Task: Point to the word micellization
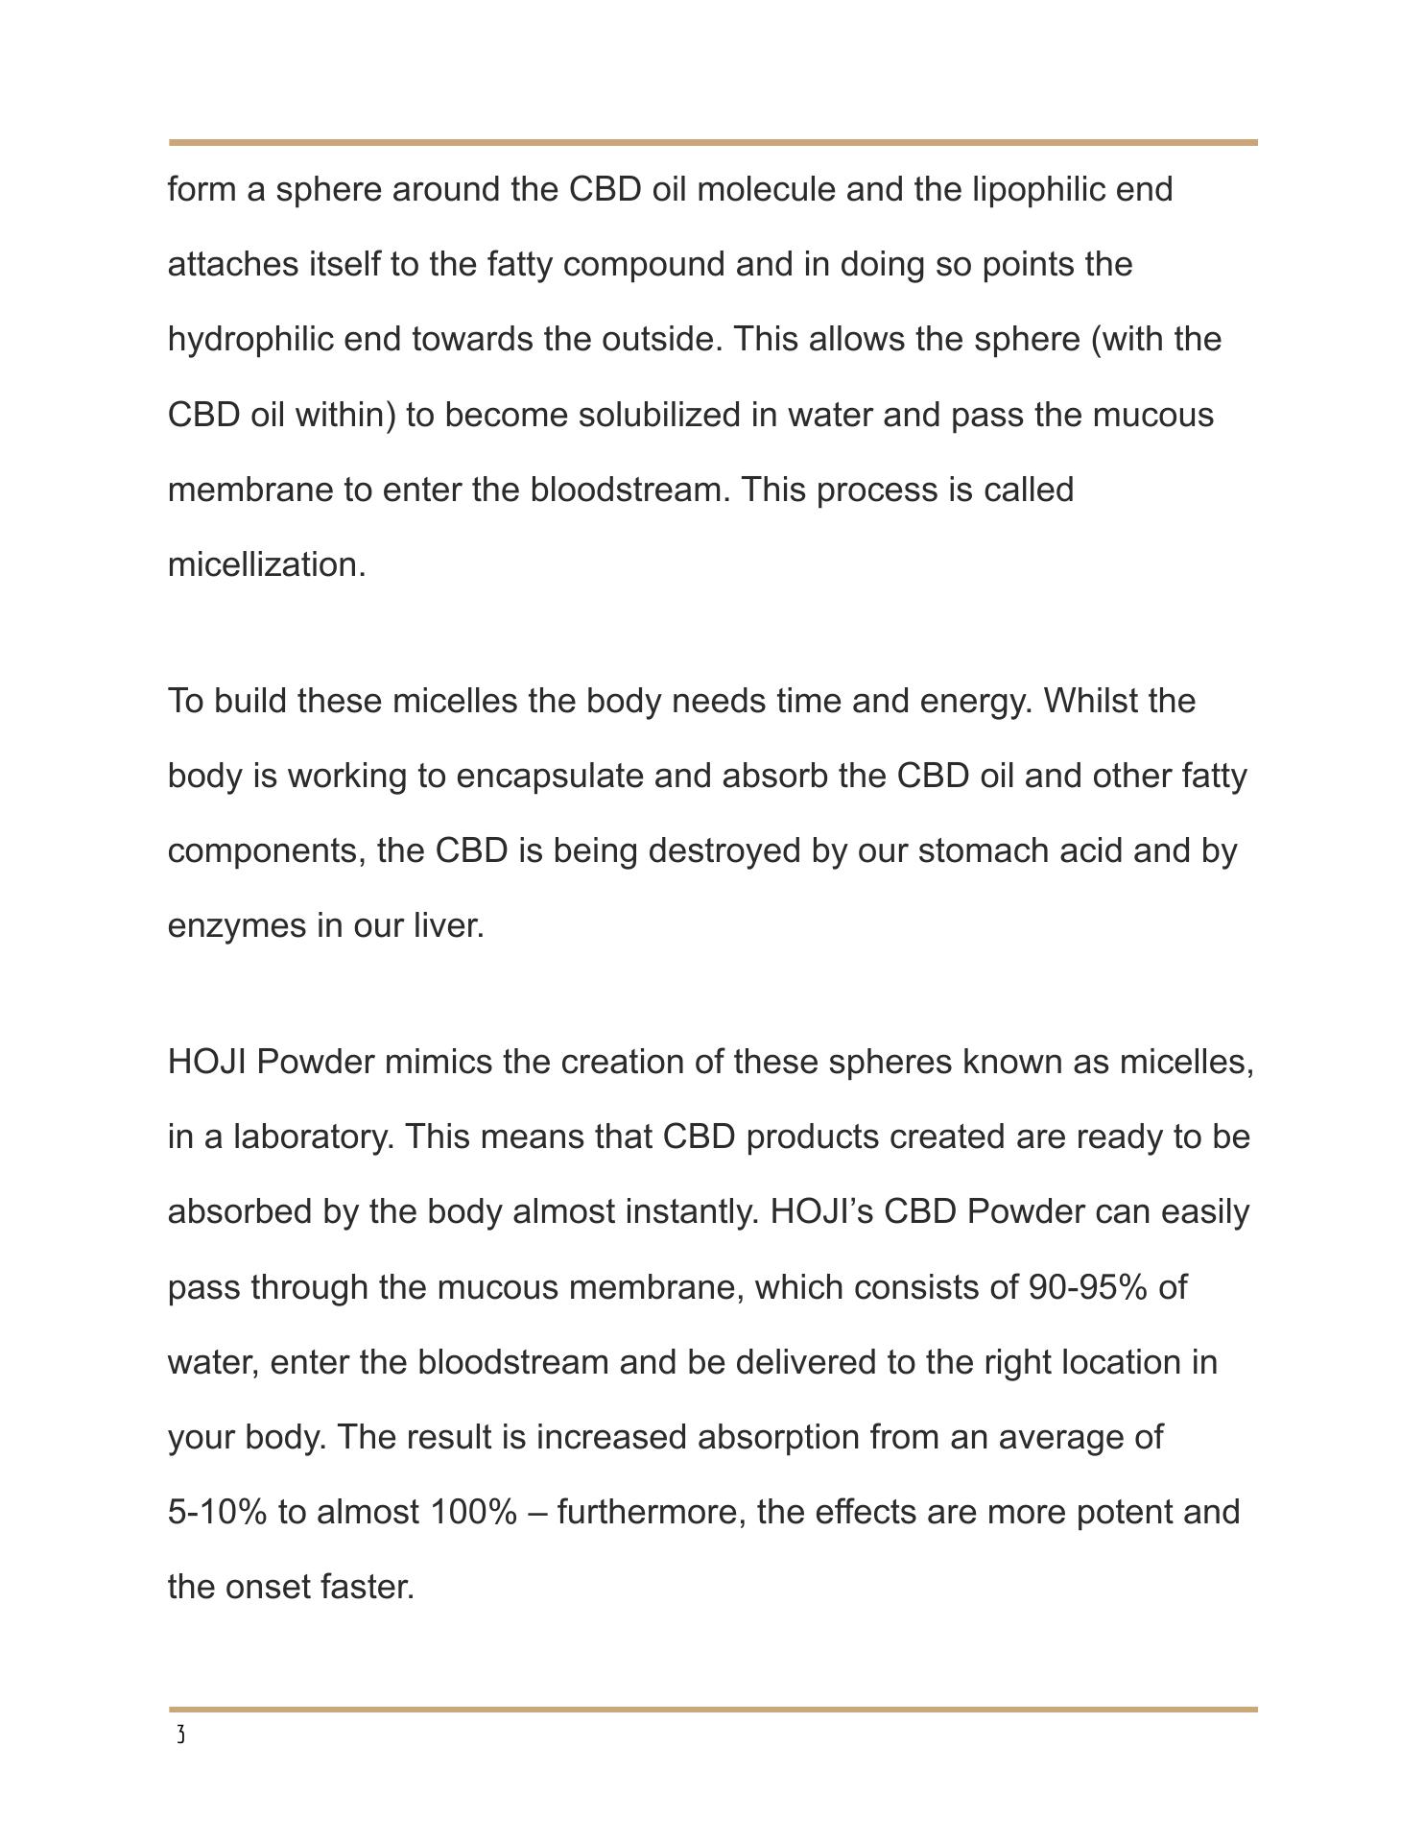pos(267,564)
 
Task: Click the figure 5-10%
pos(218,1512)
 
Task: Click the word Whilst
pos(1089,701)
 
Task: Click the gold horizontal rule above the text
pos(713,143)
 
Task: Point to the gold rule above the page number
pos(713,1710)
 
